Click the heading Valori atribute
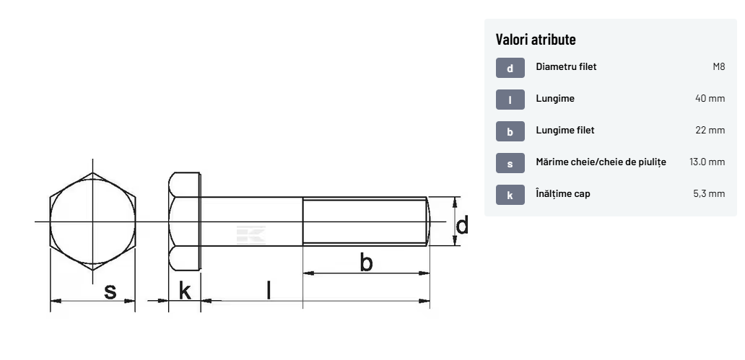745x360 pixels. click(536, 40)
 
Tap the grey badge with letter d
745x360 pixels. click(510, 68)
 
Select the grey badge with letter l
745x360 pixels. click(510, 100)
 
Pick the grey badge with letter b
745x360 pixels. click(510, 131)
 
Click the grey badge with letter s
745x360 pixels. click(510, 163)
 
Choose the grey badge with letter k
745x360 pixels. click(510, 195)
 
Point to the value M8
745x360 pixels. click(719, 66)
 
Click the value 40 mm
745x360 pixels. click(710, 98)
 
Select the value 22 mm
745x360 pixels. click(710, 130)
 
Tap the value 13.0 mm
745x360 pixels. click(707, 162)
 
